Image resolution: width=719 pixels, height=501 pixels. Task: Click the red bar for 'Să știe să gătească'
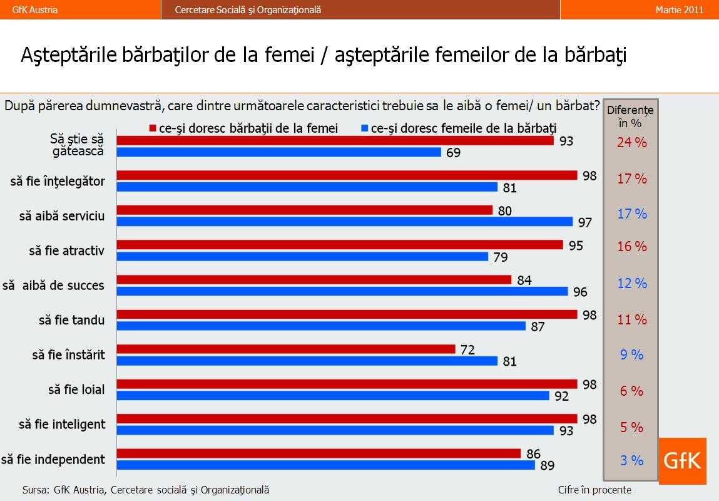(335, 141)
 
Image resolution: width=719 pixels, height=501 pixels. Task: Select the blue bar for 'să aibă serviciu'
(345, 222)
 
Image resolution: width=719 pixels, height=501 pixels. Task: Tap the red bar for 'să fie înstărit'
(286, 349)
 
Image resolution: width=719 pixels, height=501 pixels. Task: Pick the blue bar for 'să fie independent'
(326, 465)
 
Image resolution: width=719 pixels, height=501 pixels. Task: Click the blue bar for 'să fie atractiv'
(302, 256)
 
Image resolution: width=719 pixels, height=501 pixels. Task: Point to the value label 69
(453, 153)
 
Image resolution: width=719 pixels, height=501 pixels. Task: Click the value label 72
(467, 350)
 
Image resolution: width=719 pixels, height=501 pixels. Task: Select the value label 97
(584, 222)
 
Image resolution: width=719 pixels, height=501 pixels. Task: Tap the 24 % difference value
(632, 143)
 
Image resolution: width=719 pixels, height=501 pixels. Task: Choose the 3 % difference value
(632, 461)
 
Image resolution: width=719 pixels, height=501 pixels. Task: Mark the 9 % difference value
(632, 355)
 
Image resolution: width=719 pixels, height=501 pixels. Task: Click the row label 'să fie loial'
(76, 390)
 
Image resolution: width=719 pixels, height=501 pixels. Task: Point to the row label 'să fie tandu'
(72, 320)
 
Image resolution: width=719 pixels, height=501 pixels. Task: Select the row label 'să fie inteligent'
(62, 425)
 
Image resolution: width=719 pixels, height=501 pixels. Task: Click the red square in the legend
(152, 128)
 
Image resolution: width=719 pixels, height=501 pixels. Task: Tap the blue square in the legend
(364, 128)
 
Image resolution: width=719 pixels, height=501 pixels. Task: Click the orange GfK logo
(682, 461)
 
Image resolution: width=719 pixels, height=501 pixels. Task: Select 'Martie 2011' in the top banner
(680, 9)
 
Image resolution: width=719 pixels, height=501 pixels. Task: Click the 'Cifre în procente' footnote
(594, 490)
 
